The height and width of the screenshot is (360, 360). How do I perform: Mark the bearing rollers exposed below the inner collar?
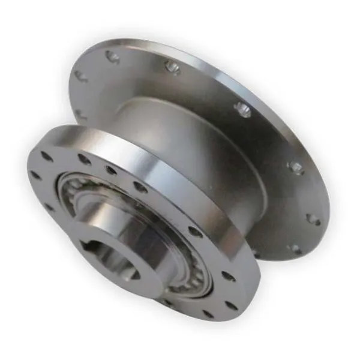point(180,282)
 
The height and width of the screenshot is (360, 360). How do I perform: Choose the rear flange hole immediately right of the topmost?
point(172,68)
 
